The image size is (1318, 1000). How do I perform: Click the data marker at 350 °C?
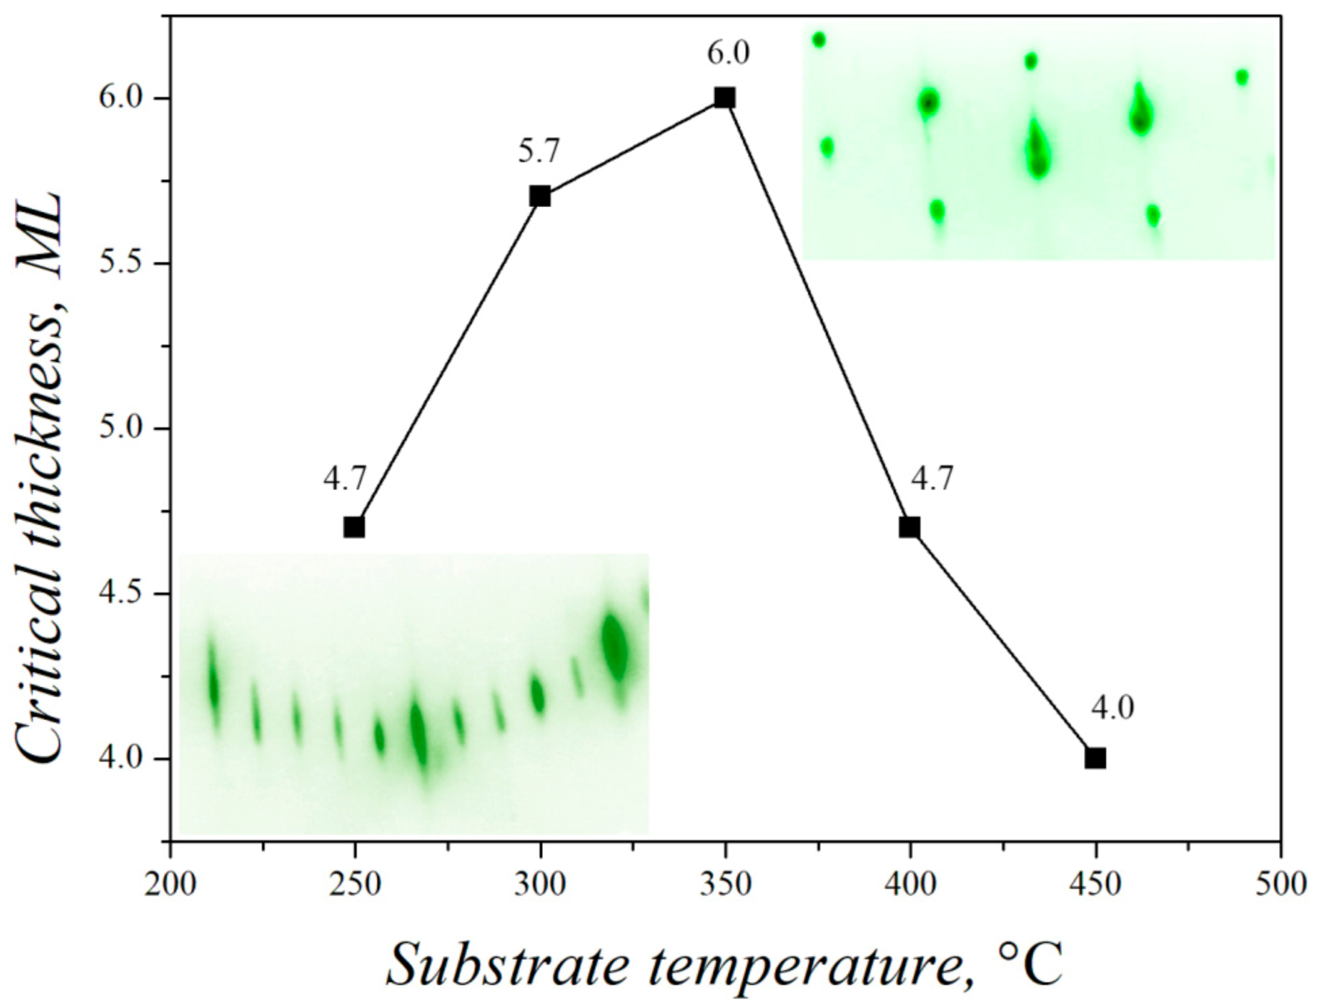(725, 97)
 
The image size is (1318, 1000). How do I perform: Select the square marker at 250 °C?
(354, 527)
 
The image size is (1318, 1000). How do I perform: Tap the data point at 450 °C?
(1095, 758)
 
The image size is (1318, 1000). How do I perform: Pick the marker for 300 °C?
(540, 196)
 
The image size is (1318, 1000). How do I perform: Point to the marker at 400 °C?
(909, 527)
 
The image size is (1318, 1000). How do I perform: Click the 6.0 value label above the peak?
(728, 53)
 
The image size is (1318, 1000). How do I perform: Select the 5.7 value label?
(538, 152)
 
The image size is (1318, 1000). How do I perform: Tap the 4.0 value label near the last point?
(1112, 709)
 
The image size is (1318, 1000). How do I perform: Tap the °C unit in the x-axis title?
(1029, 962)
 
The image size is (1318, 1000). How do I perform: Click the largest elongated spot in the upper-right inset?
(1037, 150)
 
